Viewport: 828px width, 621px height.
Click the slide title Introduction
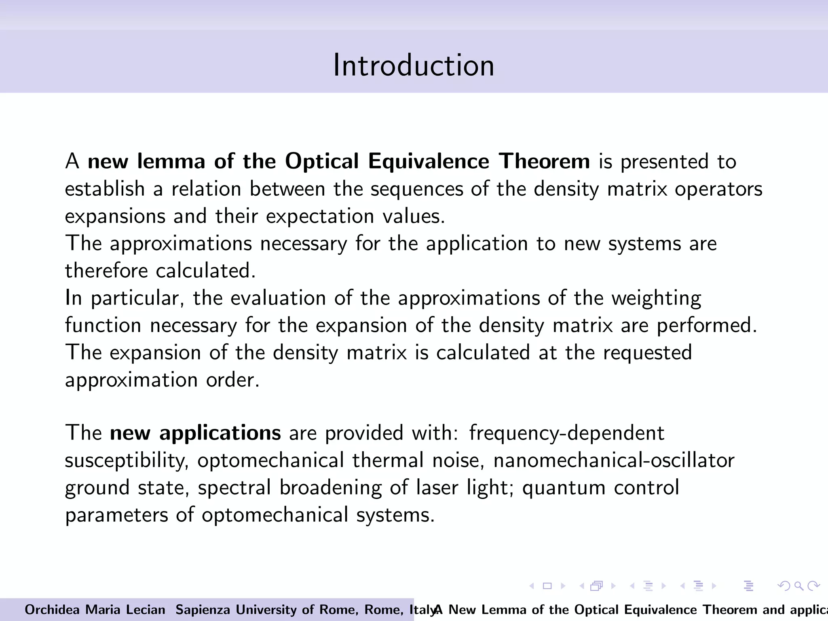[x=414, y=65]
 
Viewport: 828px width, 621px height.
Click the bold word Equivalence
[x=429, y=161]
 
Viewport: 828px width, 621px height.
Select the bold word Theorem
[x=544, y=161]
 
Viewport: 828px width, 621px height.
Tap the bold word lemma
[x=171, y=161]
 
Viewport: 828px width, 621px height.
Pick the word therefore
[x=106, y=270]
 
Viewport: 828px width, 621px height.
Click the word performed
[x=707, y=325]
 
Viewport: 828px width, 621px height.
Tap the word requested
[x=647, y=353]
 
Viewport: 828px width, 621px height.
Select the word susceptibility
[x=127, y=461]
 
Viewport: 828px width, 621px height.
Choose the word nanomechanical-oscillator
[x=614, y=460]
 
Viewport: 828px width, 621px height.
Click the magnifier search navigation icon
[x=798, y=586]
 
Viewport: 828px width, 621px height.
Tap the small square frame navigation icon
[x=547, y=586]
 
